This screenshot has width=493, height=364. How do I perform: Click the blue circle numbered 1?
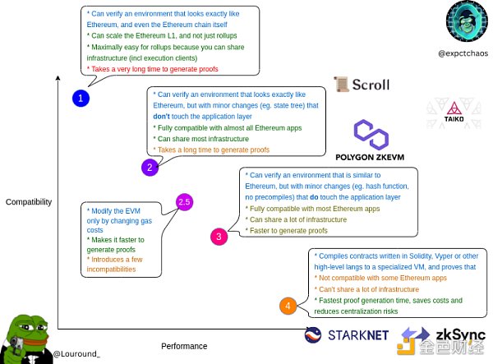[80, 99]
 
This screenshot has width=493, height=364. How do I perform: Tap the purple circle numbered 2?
[149, 168]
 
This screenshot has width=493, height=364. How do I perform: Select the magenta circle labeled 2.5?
[184, 201]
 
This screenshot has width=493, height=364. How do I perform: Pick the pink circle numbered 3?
[219, 237]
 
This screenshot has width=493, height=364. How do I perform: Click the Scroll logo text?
[369, 85]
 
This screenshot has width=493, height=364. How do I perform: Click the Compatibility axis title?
[29, 201]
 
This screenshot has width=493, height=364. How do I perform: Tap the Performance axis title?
[184, 346]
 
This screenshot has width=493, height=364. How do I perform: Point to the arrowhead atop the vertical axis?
[58, 79]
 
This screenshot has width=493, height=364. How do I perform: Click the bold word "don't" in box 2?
[163, 117]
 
